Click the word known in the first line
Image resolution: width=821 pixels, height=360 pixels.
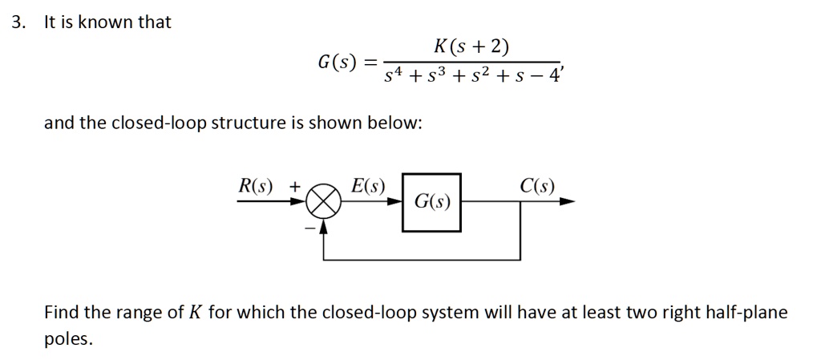point(105,22)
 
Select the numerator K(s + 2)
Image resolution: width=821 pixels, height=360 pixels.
point(471,47)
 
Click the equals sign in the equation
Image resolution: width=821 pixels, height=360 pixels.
point(370,63)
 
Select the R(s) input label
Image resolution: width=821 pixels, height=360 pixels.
point(256,186)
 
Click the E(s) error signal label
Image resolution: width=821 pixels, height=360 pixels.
point(368,186)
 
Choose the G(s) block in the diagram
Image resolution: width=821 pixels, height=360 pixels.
point(431,203)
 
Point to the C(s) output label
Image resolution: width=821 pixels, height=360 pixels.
point(536,186)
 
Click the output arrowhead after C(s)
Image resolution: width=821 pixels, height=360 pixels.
point(568,203)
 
